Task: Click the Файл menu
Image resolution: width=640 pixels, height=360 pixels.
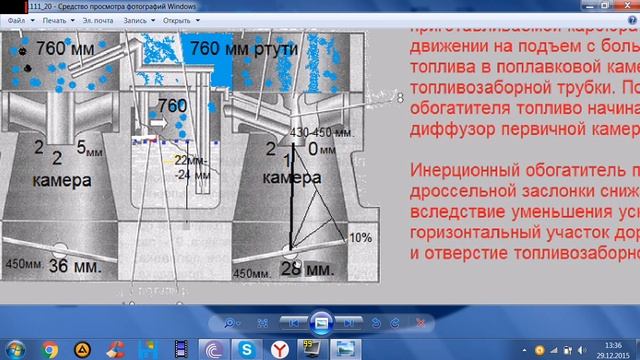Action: (x=18, y=19)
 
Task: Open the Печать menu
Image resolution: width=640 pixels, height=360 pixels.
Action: (x=56, y=19)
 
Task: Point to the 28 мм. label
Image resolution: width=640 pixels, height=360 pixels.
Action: (x=305, y=269)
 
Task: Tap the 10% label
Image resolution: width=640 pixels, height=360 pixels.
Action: (x=360, y=238)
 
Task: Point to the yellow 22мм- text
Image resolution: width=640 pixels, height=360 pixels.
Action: (x=188, y=160)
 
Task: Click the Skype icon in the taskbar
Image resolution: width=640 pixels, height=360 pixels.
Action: (x=244, y=348)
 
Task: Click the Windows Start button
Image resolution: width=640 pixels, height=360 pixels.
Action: (x=14, y=348)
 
